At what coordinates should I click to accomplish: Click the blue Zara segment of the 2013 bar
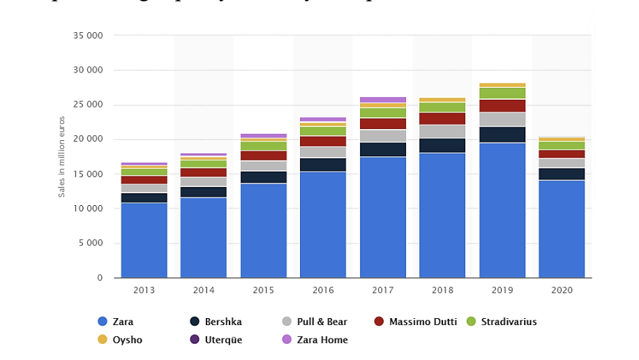tap(144, 240)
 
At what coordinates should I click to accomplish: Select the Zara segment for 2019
tap(502, 210)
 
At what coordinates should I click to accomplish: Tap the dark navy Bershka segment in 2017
tap(383, 149)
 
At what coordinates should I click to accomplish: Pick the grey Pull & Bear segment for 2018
tap(442, 131)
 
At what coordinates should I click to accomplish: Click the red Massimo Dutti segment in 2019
tap(502, 105)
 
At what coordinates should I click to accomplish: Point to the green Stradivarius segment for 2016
tap(323, 130)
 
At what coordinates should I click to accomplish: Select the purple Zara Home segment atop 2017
tap(383, 100)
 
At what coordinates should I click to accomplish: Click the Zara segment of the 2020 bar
tap(562, 229)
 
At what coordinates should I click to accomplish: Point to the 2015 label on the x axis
tap(263, 289)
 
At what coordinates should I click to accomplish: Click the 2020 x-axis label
tap(562, 289)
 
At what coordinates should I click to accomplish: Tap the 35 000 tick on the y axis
tap(87, 36)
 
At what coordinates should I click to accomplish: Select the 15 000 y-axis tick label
tap(87, 174)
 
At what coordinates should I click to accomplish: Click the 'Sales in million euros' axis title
tap(62, 157)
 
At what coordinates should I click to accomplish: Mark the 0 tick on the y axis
tap(100, 278)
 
